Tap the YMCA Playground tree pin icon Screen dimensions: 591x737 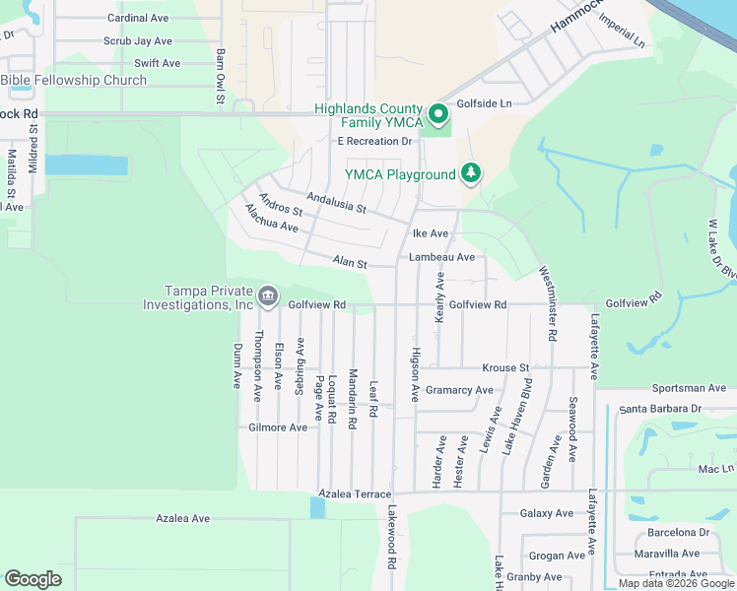pyautogui.click(x=472, y=174)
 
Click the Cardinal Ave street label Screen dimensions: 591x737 pyautogui.click(x=138, y=18)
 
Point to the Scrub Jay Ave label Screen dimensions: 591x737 pyautogui.click(x=138, y=41)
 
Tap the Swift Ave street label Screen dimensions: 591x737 pyautogui.click(x=158, y=63)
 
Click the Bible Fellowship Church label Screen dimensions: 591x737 pyautogui.click(x=74, y=80)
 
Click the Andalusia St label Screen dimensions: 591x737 pyautogui.click(x=336, y=202)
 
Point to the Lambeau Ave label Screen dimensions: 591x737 pyautogui.click(x=442, y=257)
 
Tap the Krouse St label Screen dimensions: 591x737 pyautogui.click(x=505, y=367)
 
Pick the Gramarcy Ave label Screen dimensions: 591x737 pyautogui.click(x=459, y=390)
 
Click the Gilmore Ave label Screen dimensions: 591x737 pyautogui.click(x=278, y=427)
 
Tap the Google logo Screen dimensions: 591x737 pyautogui.click(x=33, y=579)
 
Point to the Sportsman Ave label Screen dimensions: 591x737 pyautogui.click(x=689, y=389)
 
